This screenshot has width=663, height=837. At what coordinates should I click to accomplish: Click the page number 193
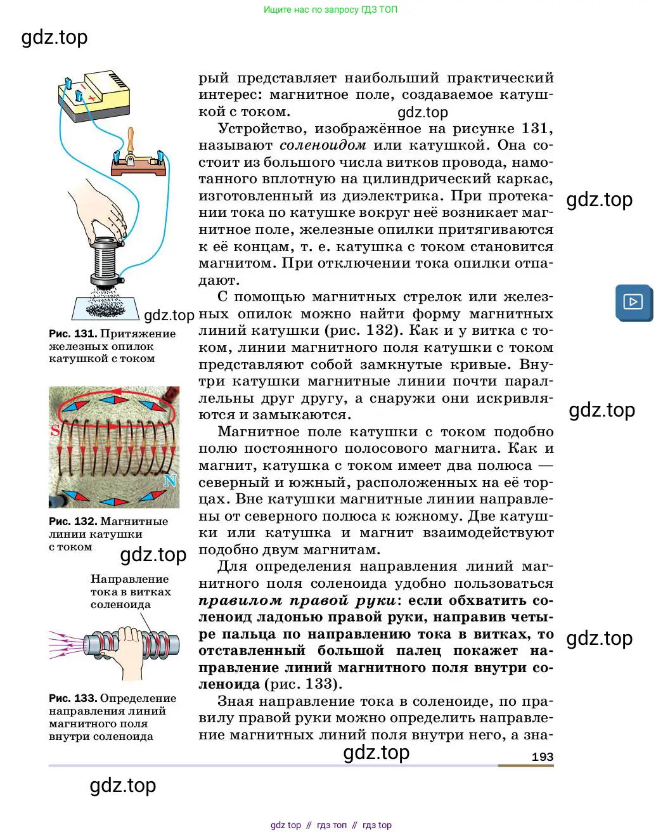coord(542,756)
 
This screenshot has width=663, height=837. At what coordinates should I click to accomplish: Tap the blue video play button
coord(633,302)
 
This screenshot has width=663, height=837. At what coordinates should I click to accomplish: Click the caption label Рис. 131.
coord(72,334)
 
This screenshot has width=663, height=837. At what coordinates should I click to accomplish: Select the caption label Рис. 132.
coord(72,521)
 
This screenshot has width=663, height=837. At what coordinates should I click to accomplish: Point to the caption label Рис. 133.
coord(72,698)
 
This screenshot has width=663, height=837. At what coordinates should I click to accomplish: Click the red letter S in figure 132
coord(55,431)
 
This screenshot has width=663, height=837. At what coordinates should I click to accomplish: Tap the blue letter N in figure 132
coord(170,481)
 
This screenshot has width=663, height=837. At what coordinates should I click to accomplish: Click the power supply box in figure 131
coord(95,95)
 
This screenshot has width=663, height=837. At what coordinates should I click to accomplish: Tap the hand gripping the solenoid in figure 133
coord(130,650)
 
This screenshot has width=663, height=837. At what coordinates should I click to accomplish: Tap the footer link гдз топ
coord(331,825)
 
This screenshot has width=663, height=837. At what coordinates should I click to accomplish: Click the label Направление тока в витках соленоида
coord(130,592)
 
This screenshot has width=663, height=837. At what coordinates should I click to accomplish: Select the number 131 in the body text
coord(534,129)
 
